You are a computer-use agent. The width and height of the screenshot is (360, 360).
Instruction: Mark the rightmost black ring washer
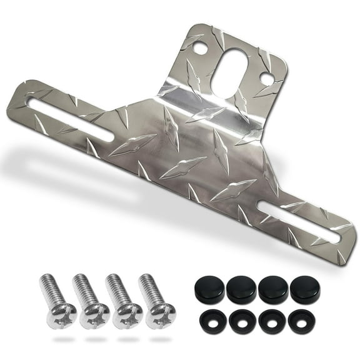point(302,321)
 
